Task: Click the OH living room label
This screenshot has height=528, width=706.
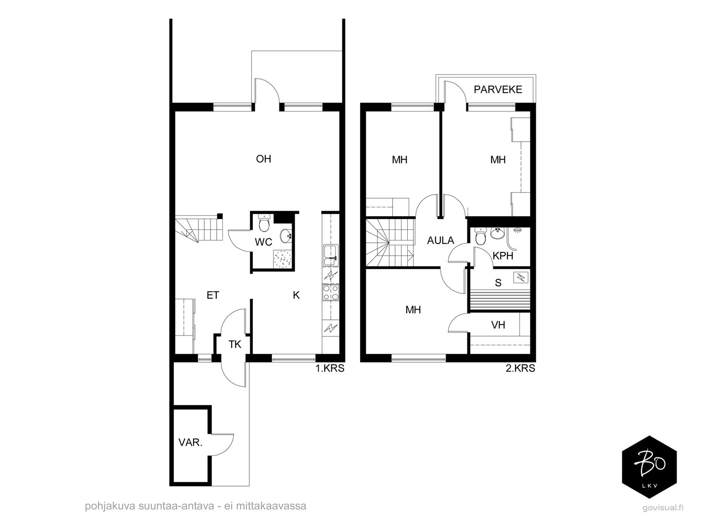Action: point(263,159)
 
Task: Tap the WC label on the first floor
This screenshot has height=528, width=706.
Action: point(263,242)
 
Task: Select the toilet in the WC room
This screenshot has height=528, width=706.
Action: point(264,223)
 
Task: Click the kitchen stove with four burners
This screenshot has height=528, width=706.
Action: point(330,293)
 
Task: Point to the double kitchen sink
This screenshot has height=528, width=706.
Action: point(330,255)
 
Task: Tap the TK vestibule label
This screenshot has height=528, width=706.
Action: point(235,345)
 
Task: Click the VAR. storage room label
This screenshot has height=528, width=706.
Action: point(191,442)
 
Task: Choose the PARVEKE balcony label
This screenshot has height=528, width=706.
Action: point(498,90)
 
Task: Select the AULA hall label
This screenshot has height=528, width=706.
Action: point(440,240)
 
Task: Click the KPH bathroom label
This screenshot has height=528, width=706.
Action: point(503,256)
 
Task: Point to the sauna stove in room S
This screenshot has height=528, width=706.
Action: point(520,277)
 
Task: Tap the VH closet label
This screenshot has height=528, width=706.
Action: point(498,325)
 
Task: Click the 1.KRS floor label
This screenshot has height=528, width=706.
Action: point(330,368)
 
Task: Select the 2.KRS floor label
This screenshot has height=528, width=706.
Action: point(520,368)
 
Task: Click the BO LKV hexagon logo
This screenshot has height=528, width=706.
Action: point(650,467)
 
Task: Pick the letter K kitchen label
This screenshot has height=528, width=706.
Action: point(296,295)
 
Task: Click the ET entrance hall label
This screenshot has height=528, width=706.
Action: point(213,295)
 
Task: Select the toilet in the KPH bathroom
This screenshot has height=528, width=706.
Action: point(480,236)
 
